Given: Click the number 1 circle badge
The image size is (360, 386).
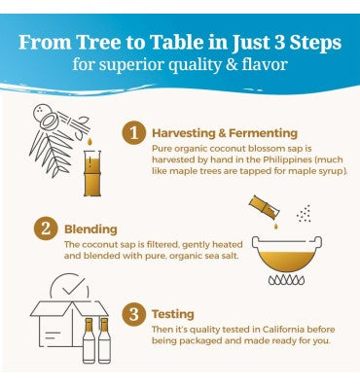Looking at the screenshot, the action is click(x=133, y=134).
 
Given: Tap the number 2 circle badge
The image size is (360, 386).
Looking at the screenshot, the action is click(x=46, y=228).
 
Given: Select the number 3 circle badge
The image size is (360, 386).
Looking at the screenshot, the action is click(x=133, y=314).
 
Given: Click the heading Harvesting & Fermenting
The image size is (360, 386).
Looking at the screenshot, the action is click(x=225, y=133).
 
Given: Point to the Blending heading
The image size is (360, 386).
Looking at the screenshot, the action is click(x=90, y=229).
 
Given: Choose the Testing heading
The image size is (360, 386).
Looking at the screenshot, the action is click(x=173, y=314).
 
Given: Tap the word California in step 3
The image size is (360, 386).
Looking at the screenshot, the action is click(x=283, y=330).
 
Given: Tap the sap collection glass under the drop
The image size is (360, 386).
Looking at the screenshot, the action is click(x=92, y=173).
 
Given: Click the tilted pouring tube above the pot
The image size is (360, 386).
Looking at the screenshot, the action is click(x=265, y=206).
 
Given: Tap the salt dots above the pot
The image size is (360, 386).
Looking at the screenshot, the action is click(x=304, y=214).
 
